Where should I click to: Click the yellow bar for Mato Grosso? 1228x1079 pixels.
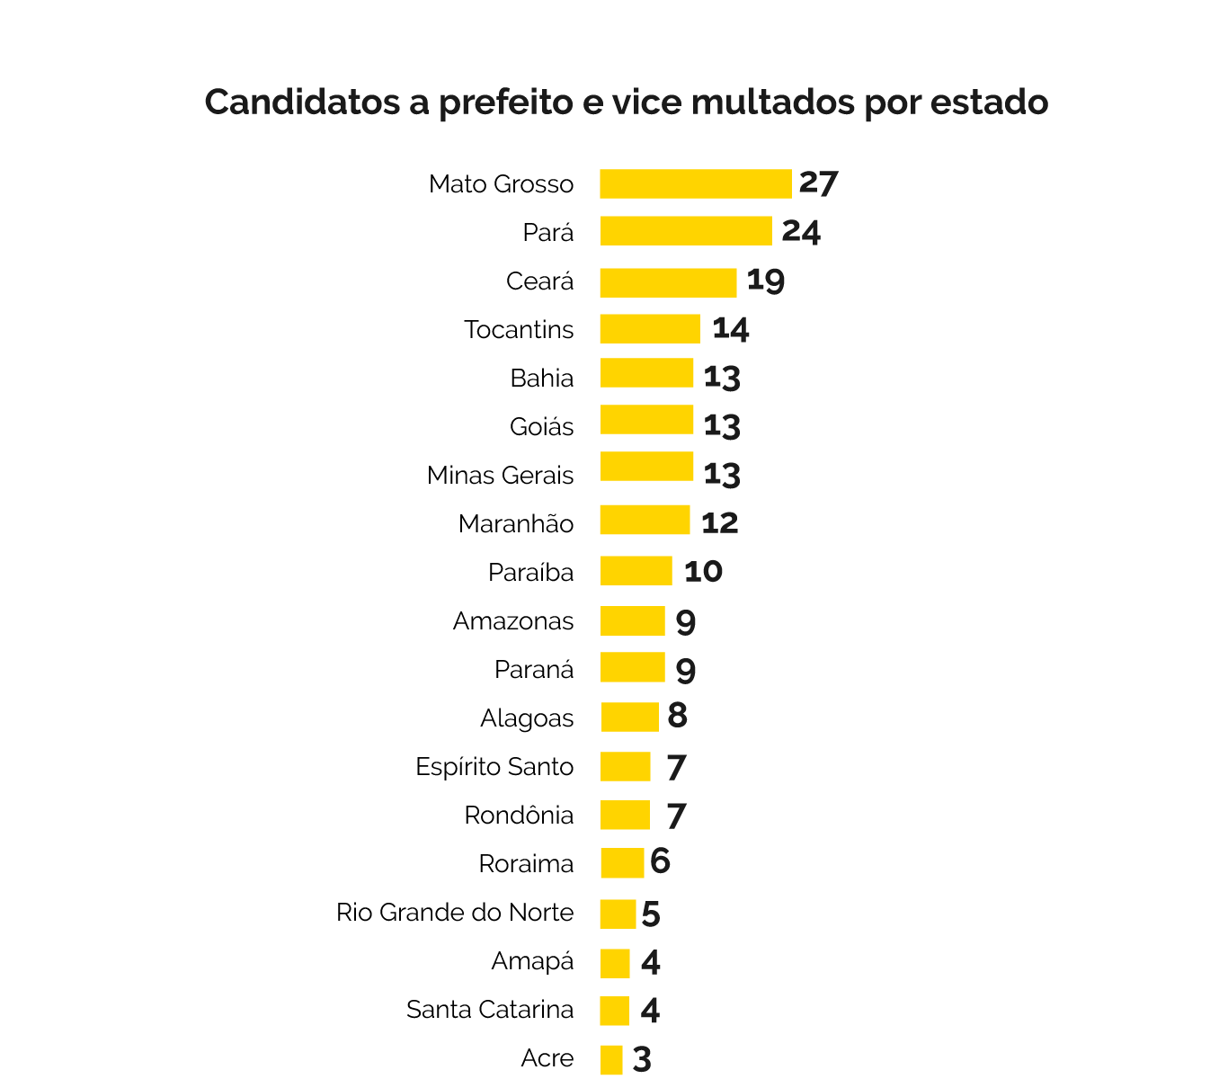tap(696, 183)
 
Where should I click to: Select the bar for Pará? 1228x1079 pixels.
tap(686, 231)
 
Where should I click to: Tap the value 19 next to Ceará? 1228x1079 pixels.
tap(766, 281)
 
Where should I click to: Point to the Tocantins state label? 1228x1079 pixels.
tap(519, 330)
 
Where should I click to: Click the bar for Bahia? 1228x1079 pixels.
tap(646, 373)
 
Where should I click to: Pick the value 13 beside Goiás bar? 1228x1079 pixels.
tap(722, 425)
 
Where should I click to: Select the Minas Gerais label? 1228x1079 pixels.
tap(500, 475)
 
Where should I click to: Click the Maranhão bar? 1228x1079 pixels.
tap(645, 520)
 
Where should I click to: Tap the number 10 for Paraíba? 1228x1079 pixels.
tap(703, 572)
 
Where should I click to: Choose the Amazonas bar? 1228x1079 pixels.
tap(632, 621)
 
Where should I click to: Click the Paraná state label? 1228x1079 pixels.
tap(534, 670)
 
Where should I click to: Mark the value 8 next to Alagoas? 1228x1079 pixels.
tap(677, 717)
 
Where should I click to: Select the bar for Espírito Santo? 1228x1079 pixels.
tap(625, 767)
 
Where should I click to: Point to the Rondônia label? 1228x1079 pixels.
tap(519, 816)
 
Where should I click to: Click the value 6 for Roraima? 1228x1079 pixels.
tap(661, 861)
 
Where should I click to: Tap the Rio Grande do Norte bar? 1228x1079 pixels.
tap(618, 914)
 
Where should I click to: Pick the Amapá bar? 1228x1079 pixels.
tap(615, 963)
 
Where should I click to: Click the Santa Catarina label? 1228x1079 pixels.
tap(490, 1010)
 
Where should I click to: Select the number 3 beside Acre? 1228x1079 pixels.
tap(642, 1059)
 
